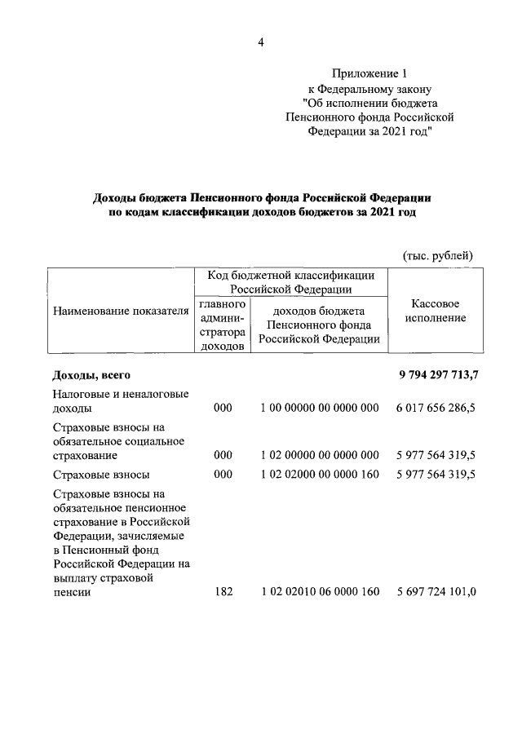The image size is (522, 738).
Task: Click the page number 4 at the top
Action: coord(261,42)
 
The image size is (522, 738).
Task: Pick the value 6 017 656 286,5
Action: coord(436,408)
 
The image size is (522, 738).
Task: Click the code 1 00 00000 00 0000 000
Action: coord(319,408)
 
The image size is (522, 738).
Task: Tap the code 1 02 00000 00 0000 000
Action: coord(319,455)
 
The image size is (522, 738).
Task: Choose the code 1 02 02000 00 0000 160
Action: coord(319,475)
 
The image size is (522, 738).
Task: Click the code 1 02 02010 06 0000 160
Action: coord(319,592)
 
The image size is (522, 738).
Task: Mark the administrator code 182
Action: coord(223,592)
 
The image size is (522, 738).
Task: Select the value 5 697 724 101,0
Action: coord(436,592)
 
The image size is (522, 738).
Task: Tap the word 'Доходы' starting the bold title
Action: coord(117,197)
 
